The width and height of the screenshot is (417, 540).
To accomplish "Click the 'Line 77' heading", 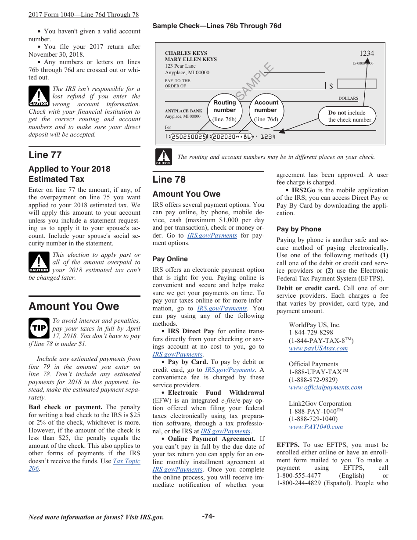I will point(45,155).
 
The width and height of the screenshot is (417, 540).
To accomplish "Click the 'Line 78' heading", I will point(169,180).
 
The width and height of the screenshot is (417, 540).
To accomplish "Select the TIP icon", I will point(39,328).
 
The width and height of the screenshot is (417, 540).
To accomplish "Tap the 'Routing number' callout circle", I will point(224,110).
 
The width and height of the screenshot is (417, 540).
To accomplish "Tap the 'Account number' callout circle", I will point(266,110).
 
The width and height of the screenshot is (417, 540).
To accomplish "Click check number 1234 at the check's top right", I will point(367,54).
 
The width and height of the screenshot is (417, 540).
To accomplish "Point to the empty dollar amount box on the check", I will point(356,84).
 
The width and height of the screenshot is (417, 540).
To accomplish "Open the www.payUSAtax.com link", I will point(318,349).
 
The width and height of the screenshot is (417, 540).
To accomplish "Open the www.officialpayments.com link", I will point(325,388).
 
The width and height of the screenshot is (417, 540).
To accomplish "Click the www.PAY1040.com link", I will point(316,427).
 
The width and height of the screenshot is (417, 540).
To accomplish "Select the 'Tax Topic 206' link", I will point(126,461).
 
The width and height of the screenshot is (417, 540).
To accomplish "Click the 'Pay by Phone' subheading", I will point(298,229).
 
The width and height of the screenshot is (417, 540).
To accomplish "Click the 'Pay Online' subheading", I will point(170,259).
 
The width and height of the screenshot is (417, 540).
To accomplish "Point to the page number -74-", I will point(208,516).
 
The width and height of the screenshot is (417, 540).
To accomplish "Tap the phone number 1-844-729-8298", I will point(311,333).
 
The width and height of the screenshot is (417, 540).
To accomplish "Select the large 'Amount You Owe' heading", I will point(74,306).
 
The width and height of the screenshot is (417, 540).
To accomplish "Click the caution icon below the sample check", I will point(163,157).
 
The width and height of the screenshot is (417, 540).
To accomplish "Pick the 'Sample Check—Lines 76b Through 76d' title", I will point(217,26).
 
